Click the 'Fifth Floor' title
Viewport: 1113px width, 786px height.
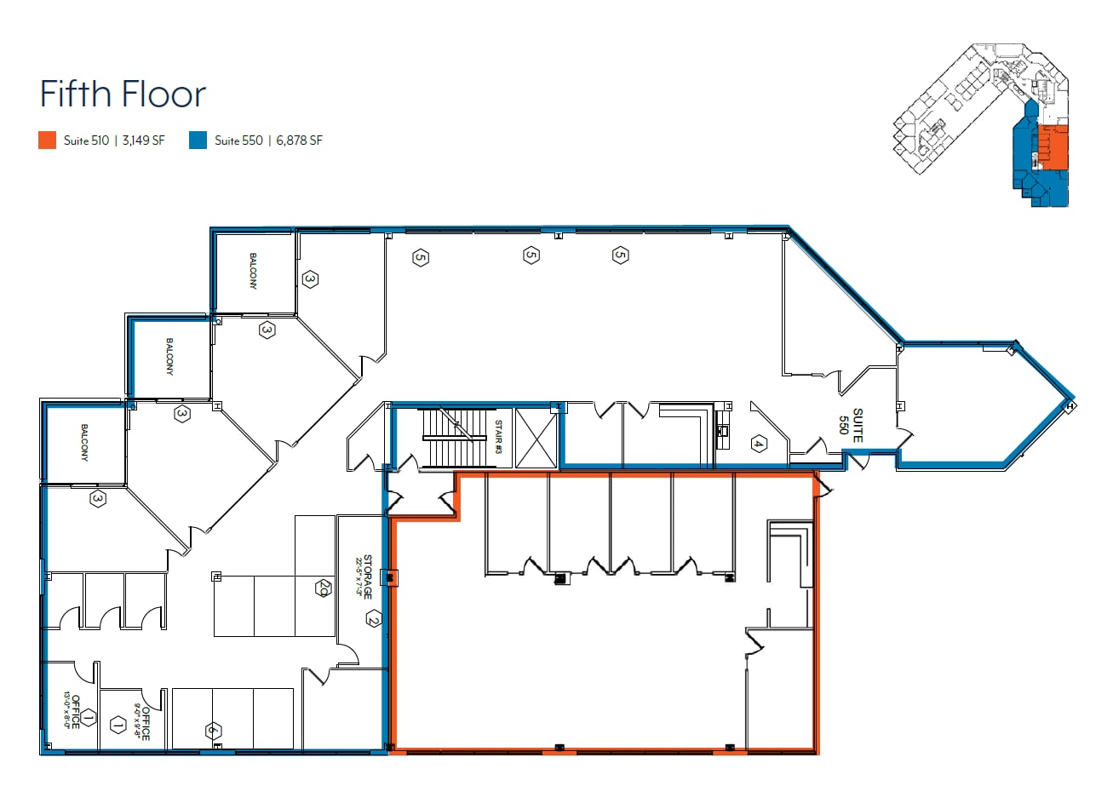[x=123, y=94]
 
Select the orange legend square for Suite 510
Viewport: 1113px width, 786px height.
[x=48, y=141]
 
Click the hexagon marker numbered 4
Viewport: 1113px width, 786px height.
[x=758, y=443]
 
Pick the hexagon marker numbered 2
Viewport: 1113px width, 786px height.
[x=372, y=619]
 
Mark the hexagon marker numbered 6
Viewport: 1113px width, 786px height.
[x=213, y=730]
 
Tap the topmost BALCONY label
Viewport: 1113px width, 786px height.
[x=253, y=271]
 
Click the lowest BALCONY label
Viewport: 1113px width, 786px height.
[x=85, y=444]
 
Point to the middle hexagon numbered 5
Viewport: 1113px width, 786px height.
[x=531, y=254]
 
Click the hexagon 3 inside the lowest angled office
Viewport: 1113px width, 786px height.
[x=99, y=500]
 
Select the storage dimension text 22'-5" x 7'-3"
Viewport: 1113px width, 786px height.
[x=359, y=577]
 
